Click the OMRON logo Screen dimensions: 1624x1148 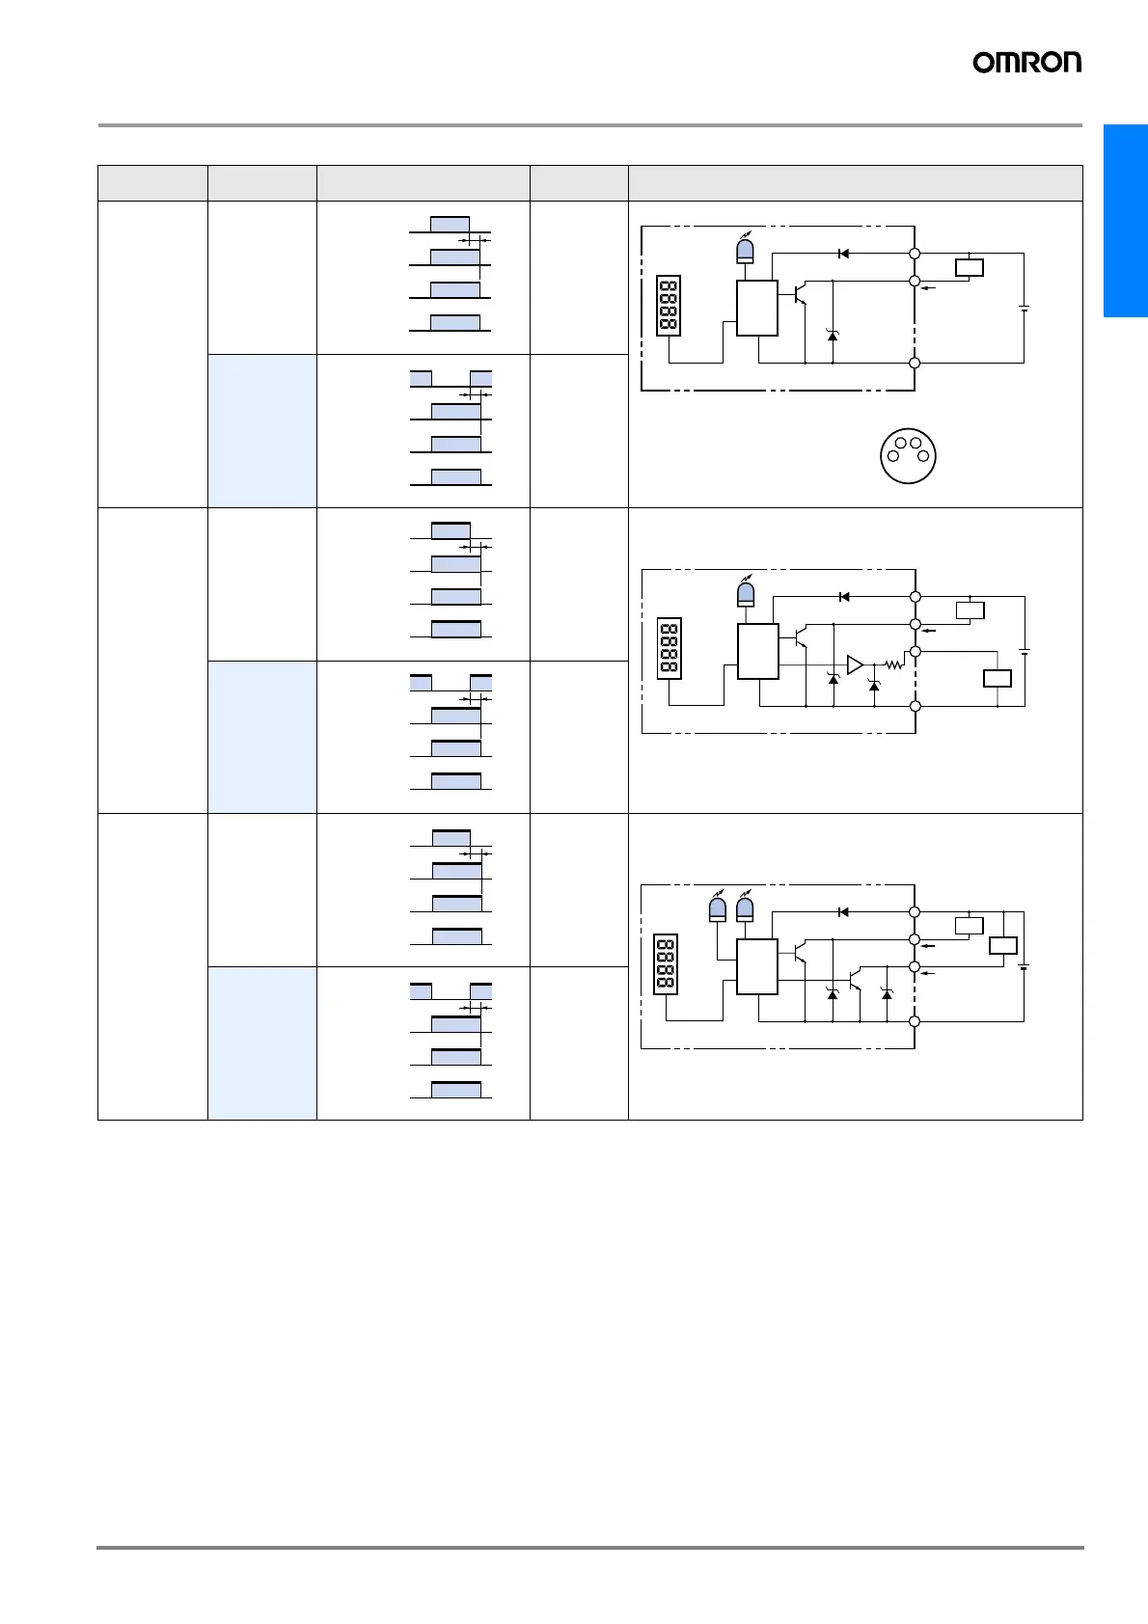coord(1026,63)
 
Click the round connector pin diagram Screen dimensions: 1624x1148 coord(908,456)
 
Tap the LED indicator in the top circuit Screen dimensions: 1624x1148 coord(745,250)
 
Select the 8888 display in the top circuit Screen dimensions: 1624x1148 coord(668,306)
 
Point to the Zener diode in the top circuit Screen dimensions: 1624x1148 coord(833,334)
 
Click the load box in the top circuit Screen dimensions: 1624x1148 coord(969,268)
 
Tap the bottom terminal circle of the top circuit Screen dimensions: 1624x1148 coord(915,364)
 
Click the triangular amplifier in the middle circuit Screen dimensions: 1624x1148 coord(855,664)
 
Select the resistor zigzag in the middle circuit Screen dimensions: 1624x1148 coord(894,664)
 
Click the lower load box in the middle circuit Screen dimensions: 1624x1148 coord(997,678)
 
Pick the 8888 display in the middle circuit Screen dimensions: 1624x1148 coord(669,648)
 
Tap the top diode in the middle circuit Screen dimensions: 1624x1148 coord(844,597)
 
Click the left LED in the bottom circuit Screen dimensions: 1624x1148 coord(717,908)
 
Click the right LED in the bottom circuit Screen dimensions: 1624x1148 coord(744,908)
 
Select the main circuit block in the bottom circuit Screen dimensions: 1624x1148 coord(757,966)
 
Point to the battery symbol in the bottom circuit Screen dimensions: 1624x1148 coord(1024,966)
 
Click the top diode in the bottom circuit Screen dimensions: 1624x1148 coord(843,911)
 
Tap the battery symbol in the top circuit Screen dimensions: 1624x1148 coord(1024,308)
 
